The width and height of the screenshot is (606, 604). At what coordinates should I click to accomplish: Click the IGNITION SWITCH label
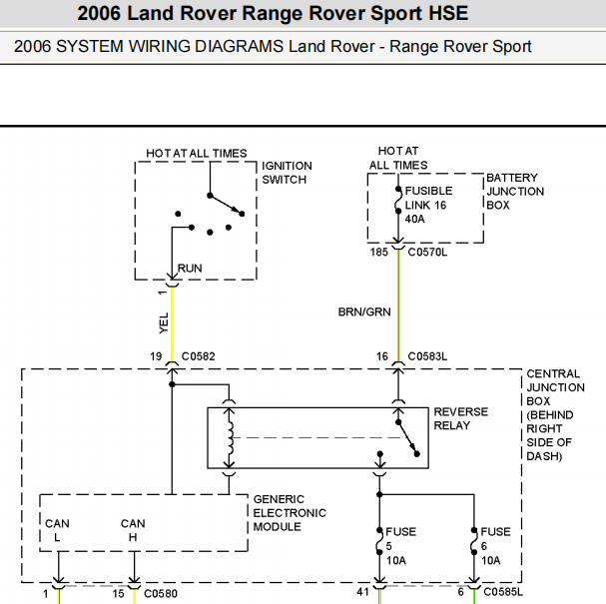tap(287, 173)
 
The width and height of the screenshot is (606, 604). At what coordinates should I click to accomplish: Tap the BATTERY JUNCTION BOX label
tap(515, 192)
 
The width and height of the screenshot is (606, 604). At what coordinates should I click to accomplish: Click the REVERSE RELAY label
tap(460, 418)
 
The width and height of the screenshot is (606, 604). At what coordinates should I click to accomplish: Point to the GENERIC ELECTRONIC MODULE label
tap(290, 513)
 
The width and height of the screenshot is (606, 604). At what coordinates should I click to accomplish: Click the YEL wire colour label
tap(164, 323)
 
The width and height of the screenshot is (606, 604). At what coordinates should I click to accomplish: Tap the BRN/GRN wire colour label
tap(364, 311)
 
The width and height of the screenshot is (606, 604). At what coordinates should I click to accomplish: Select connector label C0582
tap(198, 356)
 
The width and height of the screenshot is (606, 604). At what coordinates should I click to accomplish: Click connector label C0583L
tap(427, 356)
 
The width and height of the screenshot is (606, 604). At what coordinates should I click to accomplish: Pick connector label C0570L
tap(427, 252)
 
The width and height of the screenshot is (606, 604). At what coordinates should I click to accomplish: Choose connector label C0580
tap(161, 593)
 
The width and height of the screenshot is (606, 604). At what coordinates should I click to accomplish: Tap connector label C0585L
tap(503, 592)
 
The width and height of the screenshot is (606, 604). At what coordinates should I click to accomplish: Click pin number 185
tap(378, 252)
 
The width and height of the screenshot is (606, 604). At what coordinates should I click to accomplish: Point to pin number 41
tap(363, 592)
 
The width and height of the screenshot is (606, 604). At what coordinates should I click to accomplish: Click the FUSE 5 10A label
tap(400, 546)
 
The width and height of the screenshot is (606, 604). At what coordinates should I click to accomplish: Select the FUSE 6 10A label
tap(495, 546)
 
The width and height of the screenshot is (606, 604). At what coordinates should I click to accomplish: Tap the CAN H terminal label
tap(133, 530)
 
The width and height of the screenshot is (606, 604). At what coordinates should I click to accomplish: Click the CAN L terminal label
tap(57, 530)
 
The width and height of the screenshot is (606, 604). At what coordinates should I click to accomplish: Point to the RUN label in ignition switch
tap(190, 269)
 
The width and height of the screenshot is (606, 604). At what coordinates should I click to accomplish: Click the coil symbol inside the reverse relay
tap(231, 437)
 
